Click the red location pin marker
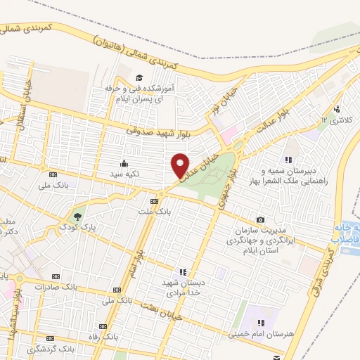coord(181,165)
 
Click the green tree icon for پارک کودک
coord(77,217)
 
